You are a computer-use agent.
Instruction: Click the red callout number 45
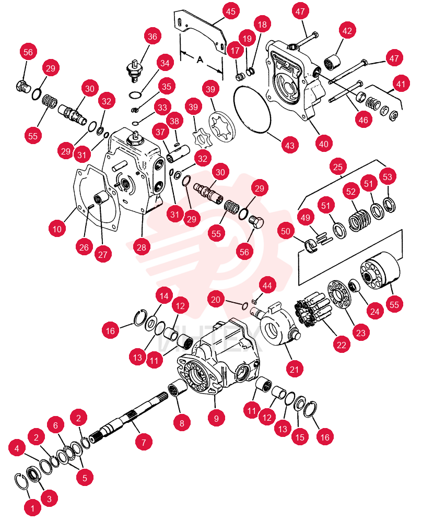tap(231, 11)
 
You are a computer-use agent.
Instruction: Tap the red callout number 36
tap(153, 37)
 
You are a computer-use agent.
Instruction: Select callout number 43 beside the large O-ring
tap(290, 145)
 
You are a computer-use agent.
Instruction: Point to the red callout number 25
tap(338, 167)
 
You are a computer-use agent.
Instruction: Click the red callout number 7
tap(144, 443)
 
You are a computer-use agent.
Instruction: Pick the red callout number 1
tap(32, 508)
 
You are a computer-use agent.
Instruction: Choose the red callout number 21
tap(295, 370)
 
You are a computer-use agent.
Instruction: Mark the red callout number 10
tap(57, 229)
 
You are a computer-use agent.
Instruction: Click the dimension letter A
tap(200, 60)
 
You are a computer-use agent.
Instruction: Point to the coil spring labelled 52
tap(359, 220)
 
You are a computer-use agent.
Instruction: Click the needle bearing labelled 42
tap(332, 63)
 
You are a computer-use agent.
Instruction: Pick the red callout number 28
tap(142, 247)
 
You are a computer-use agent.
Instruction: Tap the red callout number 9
tap(217, 419)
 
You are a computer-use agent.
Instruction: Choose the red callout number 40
tap(324, 144)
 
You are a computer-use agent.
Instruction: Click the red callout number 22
tap(342, 345)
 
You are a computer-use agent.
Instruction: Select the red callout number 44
tap(267, 286)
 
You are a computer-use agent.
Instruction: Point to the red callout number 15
tap(300, 437)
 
